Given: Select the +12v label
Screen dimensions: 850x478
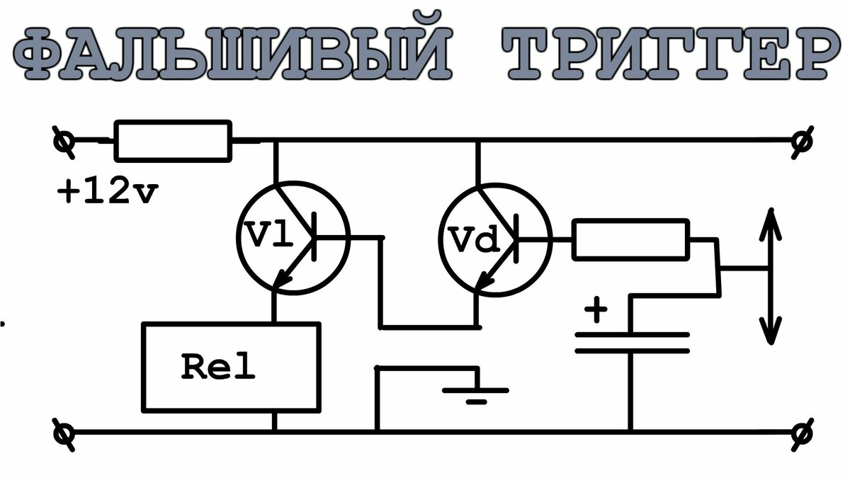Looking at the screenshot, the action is click(x=108, y=191).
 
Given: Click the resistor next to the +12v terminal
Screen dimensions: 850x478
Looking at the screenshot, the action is click(x=173, y=141).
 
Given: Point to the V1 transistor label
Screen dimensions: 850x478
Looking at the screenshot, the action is click(x=269, y=234).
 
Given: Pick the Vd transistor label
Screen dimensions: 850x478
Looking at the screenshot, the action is click(x=475, y=240).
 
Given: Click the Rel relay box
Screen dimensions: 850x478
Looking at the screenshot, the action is click(x=231, y=368).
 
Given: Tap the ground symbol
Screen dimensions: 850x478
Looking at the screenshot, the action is click(x=476, y=395).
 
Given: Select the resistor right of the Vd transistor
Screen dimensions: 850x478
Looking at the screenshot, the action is click(x=630, y=240).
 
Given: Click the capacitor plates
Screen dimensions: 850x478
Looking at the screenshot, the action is click(x=632, y=343).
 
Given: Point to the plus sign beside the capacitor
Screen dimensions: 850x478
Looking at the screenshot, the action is click(x=596, y=309).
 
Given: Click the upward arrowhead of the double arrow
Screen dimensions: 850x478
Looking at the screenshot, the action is click(x=771, y=224).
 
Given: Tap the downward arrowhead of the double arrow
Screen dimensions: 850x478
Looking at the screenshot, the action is click(x=771, y=330).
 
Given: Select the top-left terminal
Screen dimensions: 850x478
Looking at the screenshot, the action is click(x=63, y=142).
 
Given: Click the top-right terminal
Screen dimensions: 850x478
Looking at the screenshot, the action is click(x=802, y=142).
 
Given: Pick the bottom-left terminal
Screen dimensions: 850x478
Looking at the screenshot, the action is click(x=63, y=433).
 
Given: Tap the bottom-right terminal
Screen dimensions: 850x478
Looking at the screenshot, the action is click(x=802, y=433).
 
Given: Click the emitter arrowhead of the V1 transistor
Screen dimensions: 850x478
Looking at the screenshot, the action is click(x=283, y=279).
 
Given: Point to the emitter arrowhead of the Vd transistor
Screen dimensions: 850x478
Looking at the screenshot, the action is click(x=484, y=280).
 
